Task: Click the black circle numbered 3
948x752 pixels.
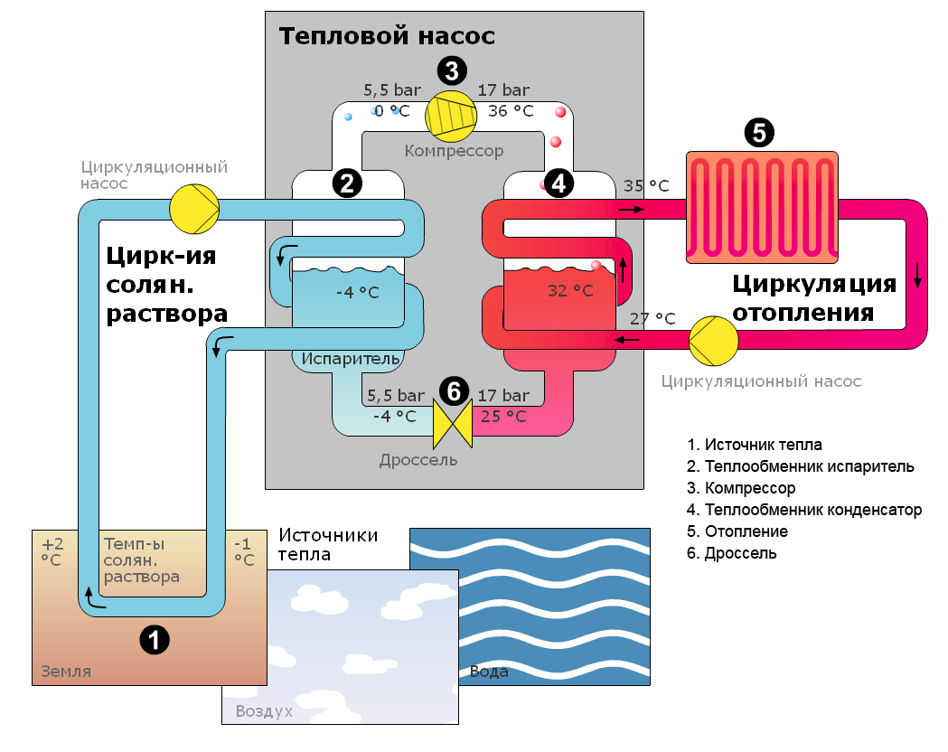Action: (452, 70)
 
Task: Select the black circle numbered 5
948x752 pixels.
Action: (759, 133)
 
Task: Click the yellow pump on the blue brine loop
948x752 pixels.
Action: (194, 209)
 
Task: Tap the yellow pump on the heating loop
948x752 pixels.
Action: (714, 339)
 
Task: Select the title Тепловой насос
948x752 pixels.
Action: (387, 37)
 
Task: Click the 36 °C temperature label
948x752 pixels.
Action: (511, 111)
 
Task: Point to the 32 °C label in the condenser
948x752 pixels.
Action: (570, 291)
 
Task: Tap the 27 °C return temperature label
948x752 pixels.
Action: (652, 318)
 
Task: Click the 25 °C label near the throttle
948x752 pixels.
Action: (503, 417)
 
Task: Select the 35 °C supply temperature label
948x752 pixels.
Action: (646, 186)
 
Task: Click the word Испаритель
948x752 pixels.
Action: (351, 359)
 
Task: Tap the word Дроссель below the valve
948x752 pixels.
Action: (418, 460)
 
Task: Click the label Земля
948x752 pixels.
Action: (66, 672)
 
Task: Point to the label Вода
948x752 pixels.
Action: (489, 672)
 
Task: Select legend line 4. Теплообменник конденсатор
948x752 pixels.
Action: (803, 510)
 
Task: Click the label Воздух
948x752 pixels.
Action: (264, 711)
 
